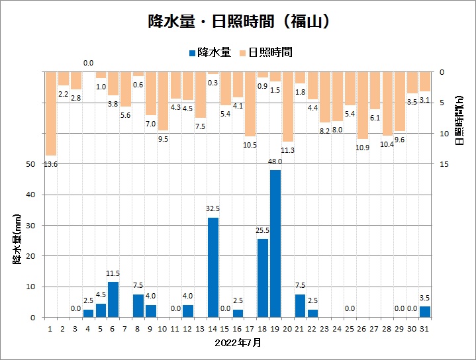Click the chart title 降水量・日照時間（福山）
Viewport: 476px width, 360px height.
coord(238,22)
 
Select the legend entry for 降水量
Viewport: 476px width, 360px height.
coord(211,52)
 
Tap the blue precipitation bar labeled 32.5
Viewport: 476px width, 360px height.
coord(213,267)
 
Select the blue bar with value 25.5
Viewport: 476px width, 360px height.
coord(263,278)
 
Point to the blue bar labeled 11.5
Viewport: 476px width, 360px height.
coord(113,299)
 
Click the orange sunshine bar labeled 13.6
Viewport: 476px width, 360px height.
coord(51,113)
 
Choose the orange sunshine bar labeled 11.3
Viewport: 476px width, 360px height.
coord(288,107)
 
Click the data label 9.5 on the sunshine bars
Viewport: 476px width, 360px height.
coord(163,139)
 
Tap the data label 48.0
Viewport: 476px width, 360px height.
coord(275,161)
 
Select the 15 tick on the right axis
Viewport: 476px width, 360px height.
coord(443,164)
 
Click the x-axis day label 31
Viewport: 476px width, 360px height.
coord(424,328)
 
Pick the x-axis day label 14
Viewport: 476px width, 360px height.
coord(213,328)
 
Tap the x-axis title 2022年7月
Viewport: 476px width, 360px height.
coord(238,343)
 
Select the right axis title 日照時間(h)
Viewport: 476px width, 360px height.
coord(459,119)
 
